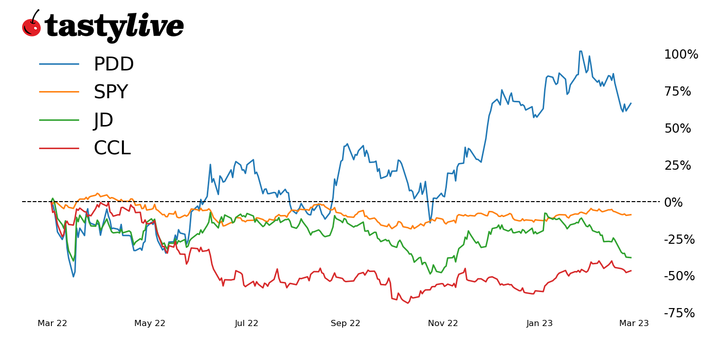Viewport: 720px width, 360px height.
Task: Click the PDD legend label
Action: pos(113,64)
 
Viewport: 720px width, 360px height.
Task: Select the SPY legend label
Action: pos(111,92)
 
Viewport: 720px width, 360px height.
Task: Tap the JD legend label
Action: pos(103,120)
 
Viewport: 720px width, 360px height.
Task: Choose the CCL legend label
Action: pos(112,149)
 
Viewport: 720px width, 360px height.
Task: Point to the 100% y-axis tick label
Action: pos(681,55)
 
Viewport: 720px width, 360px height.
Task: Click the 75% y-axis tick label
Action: pos(678,92)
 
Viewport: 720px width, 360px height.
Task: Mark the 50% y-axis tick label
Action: pos(678,129)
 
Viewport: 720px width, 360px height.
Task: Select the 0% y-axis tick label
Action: pos(673,202)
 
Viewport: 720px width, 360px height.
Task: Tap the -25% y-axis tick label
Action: pos(679,239)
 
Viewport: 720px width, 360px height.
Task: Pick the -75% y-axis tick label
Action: pos(679,313)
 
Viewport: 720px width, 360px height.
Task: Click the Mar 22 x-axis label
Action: pos(52,323)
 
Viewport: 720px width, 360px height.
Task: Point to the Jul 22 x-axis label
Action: pos(247,323)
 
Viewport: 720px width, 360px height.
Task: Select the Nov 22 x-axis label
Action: pos(443,323)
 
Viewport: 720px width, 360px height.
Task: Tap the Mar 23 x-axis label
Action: pos(634,323)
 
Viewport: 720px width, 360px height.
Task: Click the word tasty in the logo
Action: pos(85,27)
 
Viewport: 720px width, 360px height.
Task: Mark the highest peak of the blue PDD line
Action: pos(581,51)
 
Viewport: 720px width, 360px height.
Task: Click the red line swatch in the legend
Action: pos(59,149)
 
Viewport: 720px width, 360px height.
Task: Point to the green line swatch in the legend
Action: pos(59,120)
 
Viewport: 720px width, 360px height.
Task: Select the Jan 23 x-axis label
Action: pos(539,323)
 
